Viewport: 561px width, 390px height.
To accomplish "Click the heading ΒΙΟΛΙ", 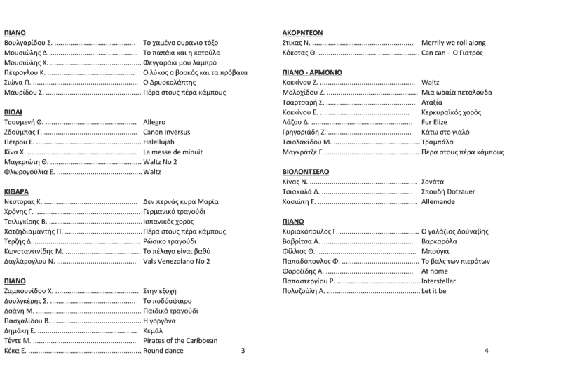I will pos(14,112).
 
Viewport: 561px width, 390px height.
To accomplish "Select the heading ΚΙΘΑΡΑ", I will pos(18,191).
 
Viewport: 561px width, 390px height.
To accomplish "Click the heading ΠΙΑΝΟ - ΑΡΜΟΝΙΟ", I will pos(312,72).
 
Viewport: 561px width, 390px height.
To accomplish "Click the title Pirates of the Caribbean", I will pos(180,340).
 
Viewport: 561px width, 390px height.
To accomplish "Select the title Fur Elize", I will pos(435,122).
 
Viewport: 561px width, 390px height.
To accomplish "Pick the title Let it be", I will pos(433,290).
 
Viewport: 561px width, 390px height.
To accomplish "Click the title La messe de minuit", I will pos(173,152).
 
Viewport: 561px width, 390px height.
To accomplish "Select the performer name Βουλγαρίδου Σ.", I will pos(28,43).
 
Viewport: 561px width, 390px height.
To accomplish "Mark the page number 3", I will pos(243,350).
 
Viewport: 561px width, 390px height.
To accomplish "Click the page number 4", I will pos(486,350).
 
